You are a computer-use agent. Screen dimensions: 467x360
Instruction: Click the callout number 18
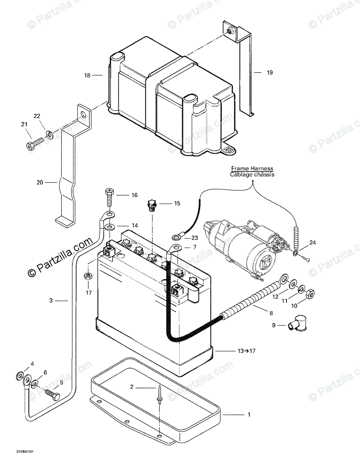coord(88,75)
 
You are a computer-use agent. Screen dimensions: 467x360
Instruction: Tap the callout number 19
coord(270,73)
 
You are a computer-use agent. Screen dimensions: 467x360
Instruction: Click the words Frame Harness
coord(252,168)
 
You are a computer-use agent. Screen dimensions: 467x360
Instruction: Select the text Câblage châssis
coord(252,174)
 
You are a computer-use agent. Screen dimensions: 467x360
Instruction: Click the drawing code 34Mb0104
coord(25,452)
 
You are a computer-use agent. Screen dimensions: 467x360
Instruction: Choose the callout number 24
coord(312,242)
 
